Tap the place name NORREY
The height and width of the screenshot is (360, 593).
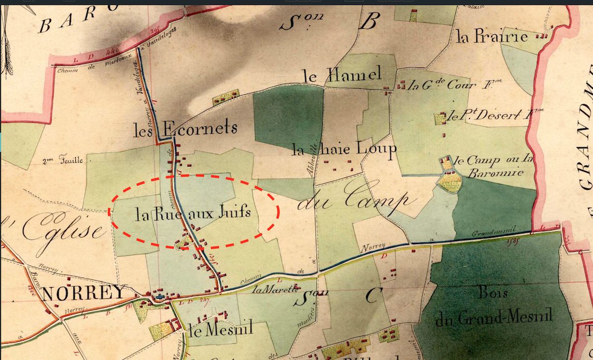(84, 293)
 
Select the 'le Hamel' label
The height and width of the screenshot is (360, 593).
(342, 75)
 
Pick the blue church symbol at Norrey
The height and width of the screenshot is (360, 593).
(159, 297)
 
